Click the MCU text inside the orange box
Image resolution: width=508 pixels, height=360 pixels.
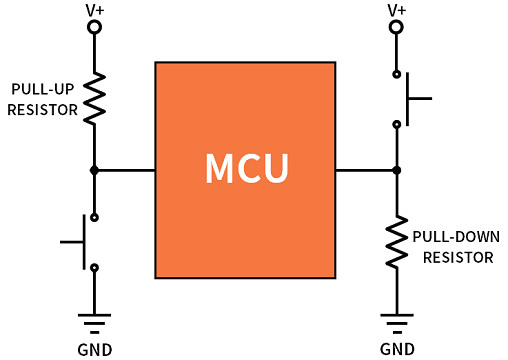246,169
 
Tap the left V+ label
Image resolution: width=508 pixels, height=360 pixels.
94,10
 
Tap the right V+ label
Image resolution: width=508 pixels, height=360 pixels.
397,10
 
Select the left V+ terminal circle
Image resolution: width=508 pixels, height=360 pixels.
94,29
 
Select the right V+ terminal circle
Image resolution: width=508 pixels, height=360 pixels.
397,29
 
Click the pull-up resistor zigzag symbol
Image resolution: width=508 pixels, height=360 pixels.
94,98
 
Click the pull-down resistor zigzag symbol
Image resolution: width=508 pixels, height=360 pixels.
397,242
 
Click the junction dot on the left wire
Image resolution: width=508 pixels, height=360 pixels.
94,170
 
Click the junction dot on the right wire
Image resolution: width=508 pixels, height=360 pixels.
397,170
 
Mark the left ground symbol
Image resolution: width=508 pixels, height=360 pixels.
94,321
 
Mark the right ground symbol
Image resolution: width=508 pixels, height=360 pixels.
397,321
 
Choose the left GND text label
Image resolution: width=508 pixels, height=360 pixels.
94,349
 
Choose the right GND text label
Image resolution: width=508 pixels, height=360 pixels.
397,349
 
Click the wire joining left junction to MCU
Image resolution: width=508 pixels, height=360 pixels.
125,170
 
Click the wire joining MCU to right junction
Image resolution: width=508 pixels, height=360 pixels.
366,170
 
